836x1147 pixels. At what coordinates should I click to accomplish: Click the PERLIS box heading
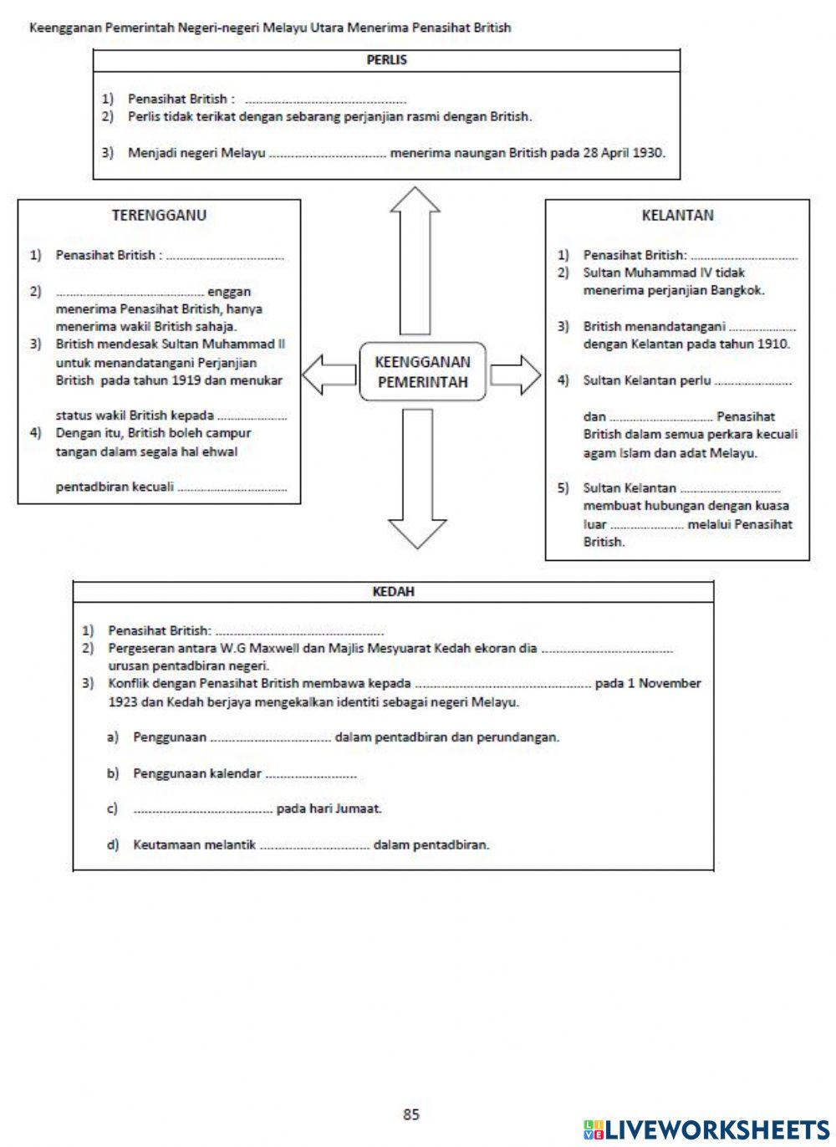[x=386, y=60]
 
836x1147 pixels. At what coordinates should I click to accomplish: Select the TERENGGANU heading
[x=159, y=215]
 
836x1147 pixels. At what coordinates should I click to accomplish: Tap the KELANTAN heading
[x=677, y=215]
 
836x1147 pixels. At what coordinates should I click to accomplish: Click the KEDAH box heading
[x=393, y=591]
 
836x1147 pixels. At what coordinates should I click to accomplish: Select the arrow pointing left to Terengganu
[x=329, y=374]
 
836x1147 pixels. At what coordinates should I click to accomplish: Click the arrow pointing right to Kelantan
[x=515, y=374]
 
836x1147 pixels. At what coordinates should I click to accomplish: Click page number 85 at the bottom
[x=410, y=1114]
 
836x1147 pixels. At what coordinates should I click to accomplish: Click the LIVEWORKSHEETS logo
[x=706, y=1129]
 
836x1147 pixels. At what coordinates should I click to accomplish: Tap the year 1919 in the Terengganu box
[x=219, y=380]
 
